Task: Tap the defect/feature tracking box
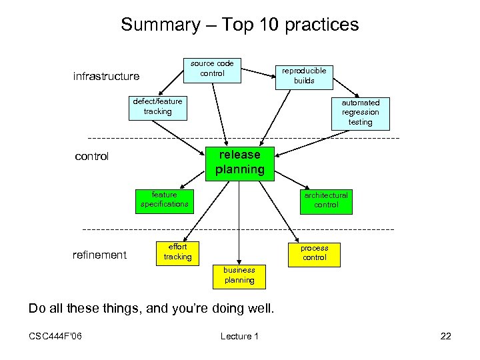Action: (157, 107)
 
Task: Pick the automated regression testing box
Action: (360, 112)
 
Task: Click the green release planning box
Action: (239, 162)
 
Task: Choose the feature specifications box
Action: (164, 200)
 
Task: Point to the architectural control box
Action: (326, 201)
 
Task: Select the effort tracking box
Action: (177, 252)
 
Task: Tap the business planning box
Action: (239, 275)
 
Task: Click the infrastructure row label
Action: (106, 77)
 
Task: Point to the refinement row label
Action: (99, 255)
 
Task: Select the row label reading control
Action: (92, 157)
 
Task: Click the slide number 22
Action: (445, 336)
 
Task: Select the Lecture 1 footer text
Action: (239, 336)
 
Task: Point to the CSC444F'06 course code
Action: (55, 336)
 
